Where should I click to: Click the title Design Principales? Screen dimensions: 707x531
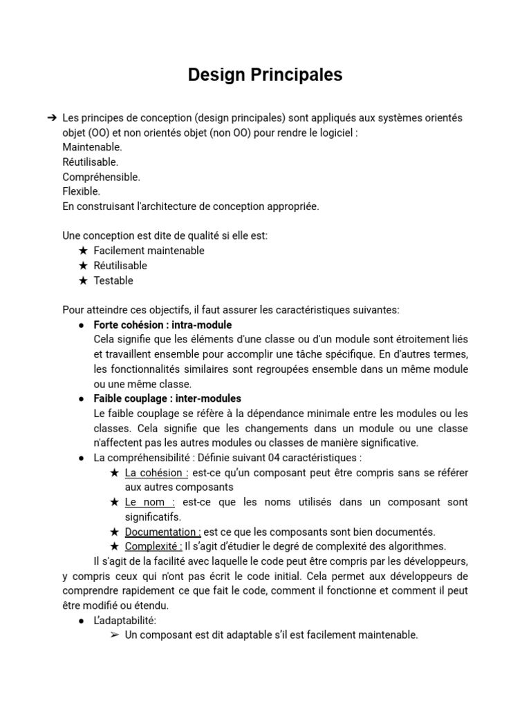tap(265, 75)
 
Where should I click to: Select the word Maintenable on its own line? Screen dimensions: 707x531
tap(92, 147)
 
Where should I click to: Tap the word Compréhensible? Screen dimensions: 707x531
tap(101, 177)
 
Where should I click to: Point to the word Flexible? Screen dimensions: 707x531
tap(81, 191)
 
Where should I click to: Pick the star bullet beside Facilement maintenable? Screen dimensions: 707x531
tap(83, 251)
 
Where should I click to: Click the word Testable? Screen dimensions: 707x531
tap(113, 280)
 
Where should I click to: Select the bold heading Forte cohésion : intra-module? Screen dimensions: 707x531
tap(162, 325)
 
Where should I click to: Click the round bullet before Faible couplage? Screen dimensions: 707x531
tap(82, 399)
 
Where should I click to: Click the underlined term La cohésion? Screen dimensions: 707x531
tap(156, 473)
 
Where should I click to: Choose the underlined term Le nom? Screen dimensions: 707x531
tap(149, 502)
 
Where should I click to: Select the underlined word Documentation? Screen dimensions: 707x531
tap(162, 532)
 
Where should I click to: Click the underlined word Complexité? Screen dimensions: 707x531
tap(153, 546)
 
